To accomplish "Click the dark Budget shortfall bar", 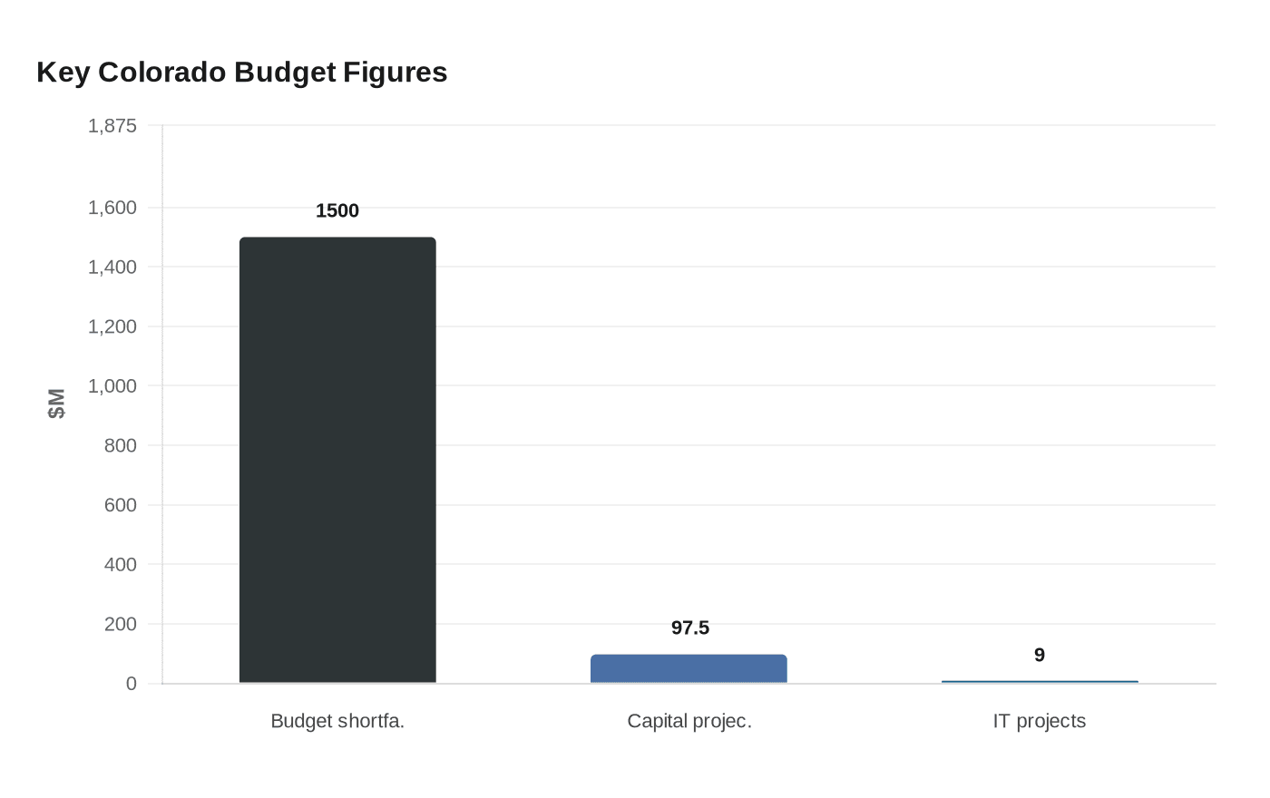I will [x=337, y=460].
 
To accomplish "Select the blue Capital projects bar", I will [x=689, y=669].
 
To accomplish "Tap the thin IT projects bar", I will [x=1040, y=681].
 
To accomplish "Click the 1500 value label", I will [x=337, y=210].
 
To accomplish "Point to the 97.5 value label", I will [x=689, y=628].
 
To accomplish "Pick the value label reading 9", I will [x=1040, y=655].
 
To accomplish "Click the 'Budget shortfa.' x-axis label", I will [x=337, y=721].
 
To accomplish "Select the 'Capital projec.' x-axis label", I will [x=689, y=721].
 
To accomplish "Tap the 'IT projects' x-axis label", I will [x=1040, y=721].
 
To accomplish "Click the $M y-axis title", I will [x=56, y=404].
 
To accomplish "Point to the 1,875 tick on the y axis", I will [x=112, y=126].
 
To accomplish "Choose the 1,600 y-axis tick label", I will [x=112, y=208].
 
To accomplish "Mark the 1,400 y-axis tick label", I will [x=112, y=267].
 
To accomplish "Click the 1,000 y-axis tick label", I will [x=112, y=385].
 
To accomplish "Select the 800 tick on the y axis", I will [x=121, y=445].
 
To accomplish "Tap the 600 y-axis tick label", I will [x=121, y=505].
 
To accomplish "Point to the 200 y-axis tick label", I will [x=121, y=624].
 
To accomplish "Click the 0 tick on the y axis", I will [x=132, y=684].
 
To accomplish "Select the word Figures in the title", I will [x=395, y=72].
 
